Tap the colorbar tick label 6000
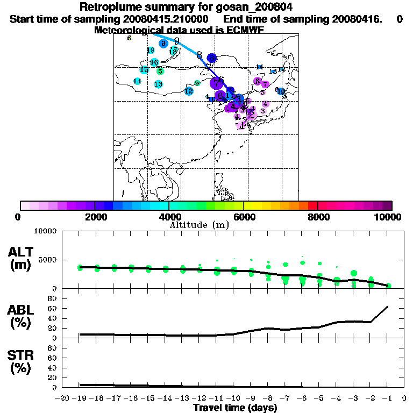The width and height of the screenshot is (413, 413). coord(243,217)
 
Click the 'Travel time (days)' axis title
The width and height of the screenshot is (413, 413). coord(235,408)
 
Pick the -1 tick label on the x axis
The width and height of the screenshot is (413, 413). coord(387,398)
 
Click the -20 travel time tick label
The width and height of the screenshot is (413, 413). coord(63,398)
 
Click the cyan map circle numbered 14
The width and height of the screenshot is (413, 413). coord(137,81)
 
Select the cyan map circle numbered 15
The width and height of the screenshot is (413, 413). coord(144,70)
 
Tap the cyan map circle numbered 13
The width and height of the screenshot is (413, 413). coord(158,84)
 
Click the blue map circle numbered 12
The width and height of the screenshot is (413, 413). coord(189,91)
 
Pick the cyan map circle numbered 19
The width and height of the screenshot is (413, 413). coord(151,51)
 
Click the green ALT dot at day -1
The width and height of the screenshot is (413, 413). coord(388,286)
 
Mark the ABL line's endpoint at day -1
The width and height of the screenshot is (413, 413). coord(388,307)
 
